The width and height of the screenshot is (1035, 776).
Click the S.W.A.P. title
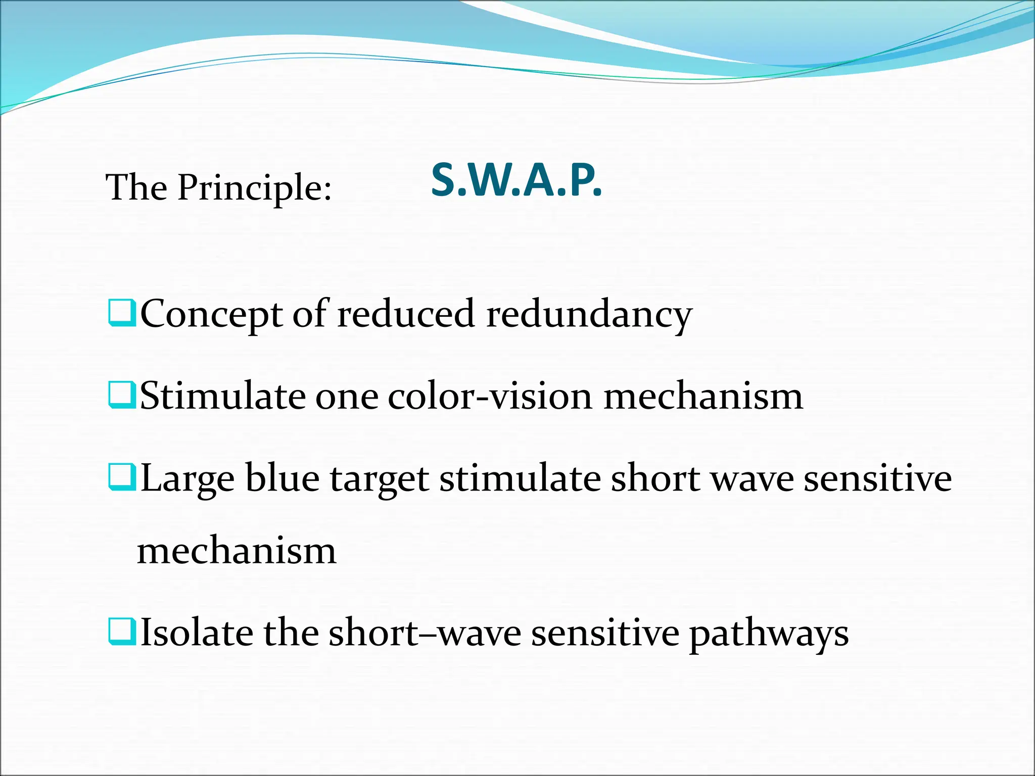(x=516, y=181)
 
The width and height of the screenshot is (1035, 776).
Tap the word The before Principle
(x=136, y=188)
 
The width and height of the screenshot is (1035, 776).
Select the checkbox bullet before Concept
(x=122, y=313)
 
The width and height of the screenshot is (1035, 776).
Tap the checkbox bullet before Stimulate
(x=122, y=396)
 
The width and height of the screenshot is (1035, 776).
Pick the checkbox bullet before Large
(x=122, y=478)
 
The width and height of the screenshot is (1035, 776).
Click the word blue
(x=283, y=478)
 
